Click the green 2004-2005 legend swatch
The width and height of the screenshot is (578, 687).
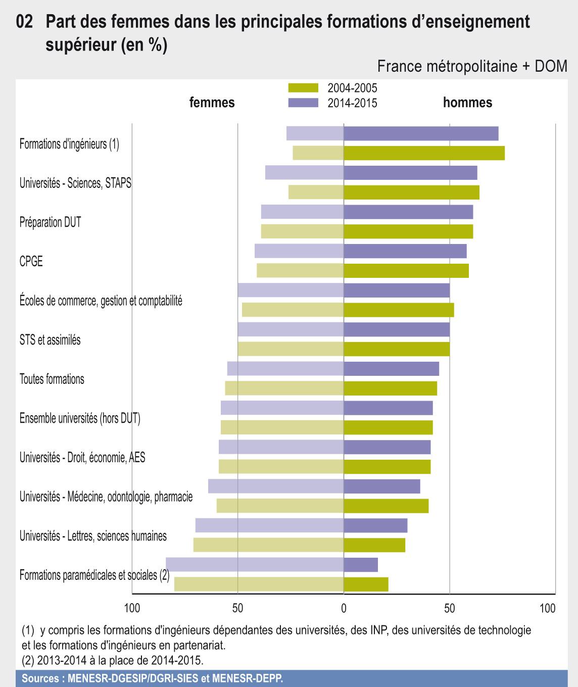303,88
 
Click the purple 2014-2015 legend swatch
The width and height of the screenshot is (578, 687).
303,103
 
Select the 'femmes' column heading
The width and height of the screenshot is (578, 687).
212,103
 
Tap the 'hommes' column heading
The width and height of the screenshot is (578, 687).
467,103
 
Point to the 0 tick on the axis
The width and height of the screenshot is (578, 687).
344,608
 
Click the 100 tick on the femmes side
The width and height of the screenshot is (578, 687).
132,608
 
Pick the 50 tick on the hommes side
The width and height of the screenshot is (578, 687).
450,608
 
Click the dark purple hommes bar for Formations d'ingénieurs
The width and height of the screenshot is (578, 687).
421,133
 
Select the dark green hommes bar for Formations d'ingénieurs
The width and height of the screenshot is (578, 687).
424,153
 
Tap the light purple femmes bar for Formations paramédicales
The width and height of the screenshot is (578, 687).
255,565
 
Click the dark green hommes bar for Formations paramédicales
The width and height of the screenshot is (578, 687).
366,584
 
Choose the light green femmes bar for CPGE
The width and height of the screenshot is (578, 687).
300,271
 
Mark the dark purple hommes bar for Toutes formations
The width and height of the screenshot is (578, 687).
391,369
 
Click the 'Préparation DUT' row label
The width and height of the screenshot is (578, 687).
50,222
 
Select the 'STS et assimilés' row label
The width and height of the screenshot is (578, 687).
50,340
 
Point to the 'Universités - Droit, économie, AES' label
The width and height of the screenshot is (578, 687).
82,458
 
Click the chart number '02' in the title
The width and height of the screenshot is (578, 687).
25,22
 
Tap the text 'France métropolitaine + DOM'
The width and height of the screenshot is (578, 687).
472,66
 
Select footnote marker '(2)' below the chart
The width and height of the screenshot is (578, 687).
28,660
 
